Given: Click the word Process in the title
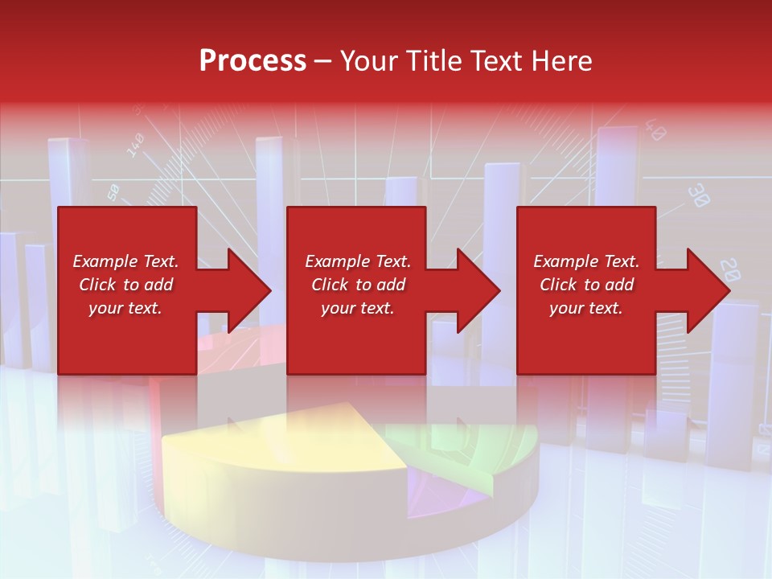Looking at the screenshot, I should [253, 61].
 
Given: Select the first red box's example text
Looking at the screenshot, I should [126, 285].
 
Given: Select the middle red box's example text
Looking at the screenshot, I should [358, 285].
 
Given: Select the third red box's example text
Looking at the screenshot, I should [586, 285].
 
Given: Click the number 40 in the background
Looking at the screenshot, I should [655, 130].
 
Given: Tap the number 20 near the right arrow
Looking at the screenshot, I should [729, 269].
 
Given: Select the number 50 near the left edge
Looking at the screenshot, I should [113, 191].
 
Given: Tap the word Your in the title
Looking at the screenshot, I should [370, 61].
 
